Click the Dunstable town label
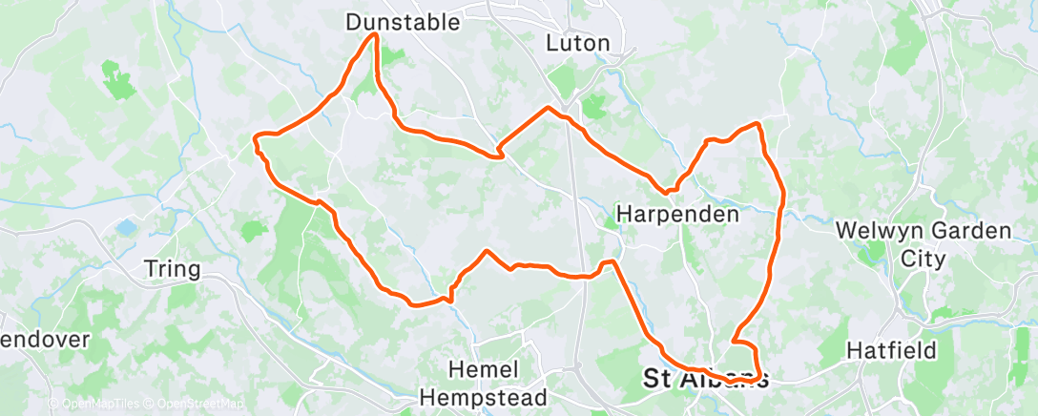point(417,21)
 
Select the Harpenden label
point(678,215)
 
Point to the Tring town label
point(172,269)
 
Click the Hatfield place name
point(891,351)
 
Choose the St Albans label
point(705,378)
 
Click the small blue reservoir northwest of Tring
point(126,227)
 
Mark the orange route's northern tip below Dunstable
point(375,35)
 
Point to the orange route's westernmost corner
point(255,139)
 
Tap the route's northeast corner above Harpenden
point(758,124)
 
